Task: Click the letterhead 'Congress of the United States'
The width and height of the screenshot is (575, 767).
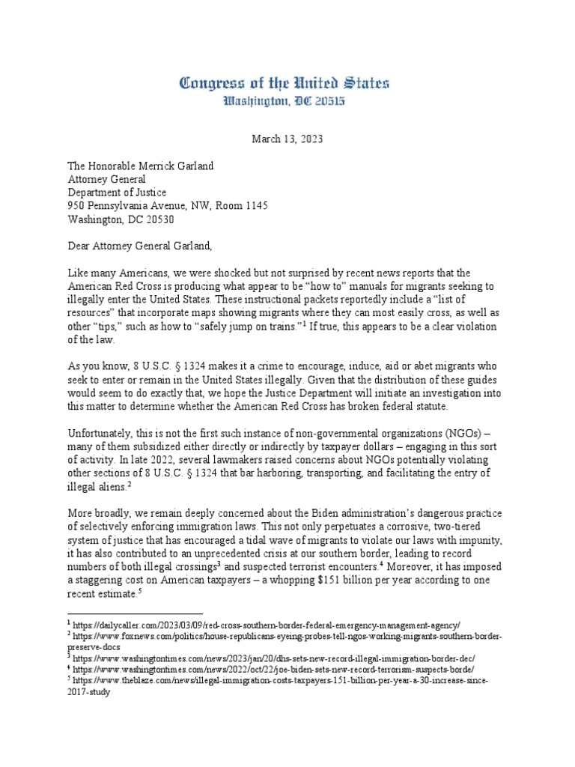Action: tap(284, 83)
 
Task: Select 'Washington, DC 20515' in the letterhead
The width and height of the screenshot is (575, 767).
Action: tap(284, 101)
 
